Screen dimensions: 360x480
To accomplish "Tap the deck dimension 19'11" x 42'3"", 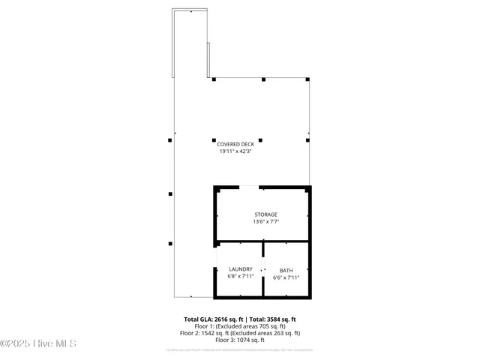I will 239,151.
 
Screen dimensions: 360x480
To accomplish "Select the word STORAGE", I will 265,214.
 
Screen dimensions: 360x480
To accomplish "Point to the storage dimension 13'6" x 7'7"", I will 265,222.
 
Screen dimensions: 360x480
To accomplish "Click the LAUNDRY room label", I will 241,269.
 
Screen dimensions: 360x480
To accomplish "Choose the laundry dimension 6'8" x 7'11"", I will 241,276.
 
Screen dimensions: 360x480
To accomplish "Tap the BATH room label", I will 286,270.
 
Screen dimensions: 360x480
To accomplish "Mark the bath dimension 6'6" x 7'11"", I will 286,277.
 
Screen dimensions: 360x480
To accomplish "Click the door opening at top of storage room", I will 249,187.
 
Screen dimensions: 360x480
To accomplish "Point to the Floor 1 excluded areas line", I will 239,325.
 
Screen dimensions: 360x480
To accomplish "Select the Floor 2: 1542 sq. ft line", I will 239,333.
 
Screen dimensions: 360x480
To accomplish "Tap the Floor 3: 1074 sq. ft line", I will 239,340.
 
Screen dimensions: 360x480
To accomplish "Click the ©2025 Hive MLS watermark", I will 38,344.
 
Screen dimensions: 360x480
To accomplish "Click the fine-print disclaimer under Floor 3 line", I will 239,349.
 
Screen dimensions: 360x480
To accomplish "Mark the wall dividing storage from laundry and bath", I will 262,241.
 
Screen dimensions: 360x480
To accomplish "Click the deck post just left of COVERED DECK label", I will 170,140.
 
